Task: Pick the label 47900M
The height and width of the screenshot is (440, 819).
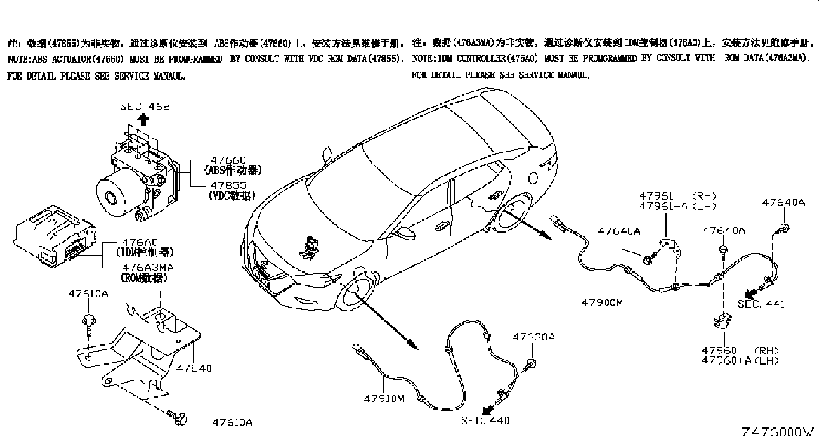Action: tap(602, 302)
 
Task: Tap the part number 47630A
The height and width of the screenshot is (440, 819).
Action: tap(533, 337)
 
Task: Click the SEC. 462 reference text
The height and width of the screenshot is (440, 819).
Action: tap(145, 106)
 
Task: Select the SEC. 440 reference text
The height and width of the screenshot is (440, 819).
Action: tap(485, 421)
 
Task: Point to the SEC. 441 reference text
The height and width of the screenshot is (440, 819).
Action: tap(760, 304)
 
